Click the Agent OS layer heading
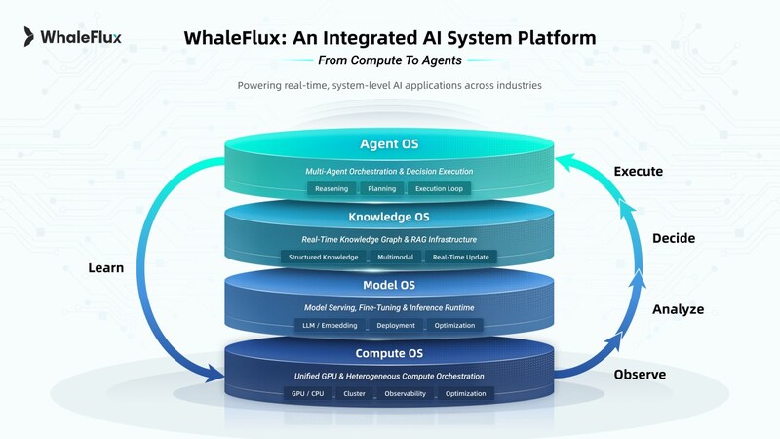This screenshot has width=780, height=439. coord(389,145)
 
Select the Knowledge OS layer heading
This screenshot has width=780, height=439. coord(389,217)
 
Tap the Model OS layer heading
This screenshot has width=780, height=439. coord(389,285)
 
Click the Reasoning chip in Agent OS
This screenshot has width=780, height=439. coord(331,188)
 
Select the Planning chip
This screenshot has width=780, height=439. coord(380,188)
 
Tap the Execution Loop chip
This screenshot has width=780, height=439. coord(440,188)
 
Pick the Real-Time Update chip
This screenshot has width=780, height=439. coord(460,257)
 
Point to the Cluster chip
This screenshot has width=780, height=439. coord(354,393)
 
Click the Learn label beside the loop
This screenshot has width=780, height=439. coord(106,267)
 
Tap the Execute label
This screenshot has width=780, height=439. coord(639,172)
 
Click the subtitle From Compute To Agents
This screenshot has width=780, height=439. coord(389,59)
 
